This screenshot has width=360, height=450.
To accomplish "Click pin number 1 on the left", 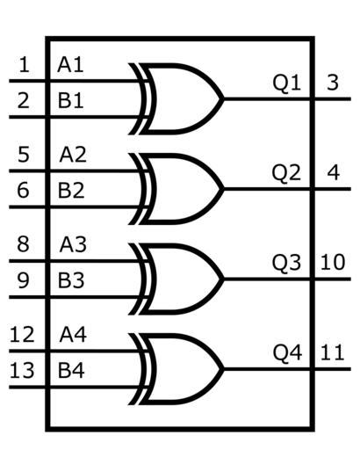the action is pos(24,65).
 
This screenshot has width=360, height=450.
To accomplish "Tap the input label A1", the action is pos(70,65).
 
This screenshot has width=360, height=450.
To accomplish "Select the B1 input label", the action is pos(70,100).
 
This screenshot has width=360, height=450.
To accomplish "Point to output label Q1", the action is pos(286,83).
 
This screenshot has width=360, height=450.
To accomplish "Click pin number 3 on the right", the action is pos(333,83).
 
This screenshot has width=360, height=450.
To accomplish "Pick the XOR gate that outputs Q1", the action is pos(176,99).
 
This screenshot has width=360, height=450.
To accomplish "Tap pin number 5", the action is pos(24,155).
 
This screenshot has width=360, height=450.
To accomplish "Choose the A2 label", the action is pos(73,155).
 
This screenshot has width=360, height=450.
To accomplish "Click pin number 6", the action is pos(23,191).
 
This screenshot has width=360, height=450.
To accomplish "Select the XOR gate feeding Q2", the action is pos(176,189).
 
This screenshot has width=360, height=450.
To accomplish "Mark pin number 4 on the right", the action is pos(333,172).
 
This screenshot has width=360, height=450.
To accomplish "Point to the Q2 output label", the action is pos(286,173).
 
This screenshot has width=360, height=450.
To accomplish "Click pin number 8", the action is pos(23,244).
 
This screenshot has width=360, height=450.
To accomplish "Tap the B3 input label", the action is pos(71,280).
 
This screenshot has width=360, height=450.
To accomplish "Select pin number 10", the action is pos(333,263).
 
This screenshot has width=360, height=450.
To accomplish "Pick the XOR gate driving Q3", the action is pos(176,279).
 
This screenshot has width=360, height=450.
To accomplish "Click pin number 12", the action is pos(22,335).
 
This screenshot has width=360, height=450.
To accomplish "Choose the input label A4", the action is pos(73,335).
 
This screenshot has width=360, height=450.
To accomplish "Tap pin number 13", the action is pos(22,371).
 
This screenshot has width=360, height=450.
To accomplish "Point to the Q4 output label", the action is pos(287,353).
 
